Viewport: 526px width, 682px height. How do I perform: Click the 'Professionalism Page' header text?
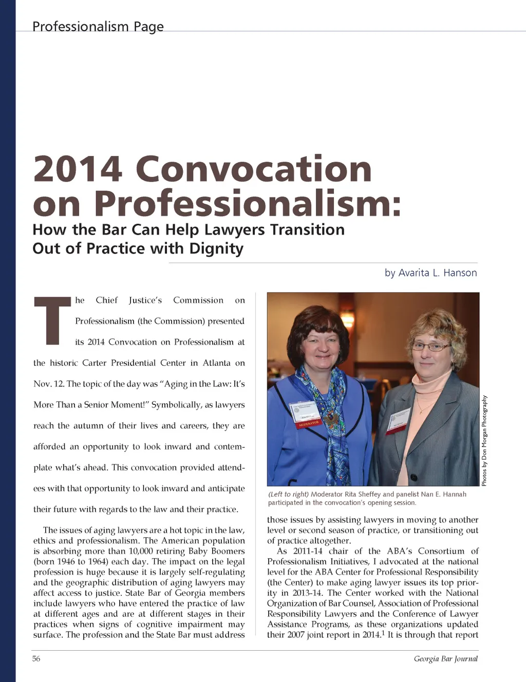tap(98, 26)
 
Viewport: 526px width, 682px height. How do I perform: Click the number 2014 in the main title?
tap(78, 169)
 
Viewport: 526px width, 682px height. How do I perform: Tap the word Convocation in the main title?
tap(253, 169)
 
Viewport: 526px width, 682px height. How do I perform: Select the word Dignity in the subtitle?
tap(216, 248)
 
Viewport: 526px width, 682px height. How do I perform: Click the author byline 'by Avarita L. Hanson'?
tap(430, 272)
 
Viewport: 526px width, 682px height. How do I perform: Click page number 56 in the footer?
tap(36, 658)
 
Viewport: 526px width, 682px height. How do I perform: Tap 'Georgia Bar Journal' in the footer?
tap(445, 658)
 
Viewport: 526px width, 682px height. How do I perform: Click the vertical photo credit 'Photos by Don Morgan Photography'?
tap(484, 440)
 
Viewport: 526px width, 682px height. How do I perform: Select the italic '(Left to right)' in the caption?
tap(288, 494)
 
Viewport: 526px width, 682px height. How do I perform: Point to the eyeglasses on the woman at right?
tap(431, 347)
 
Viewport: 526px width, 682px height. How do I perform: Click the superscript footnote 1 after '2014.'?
tap(383, 633)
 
